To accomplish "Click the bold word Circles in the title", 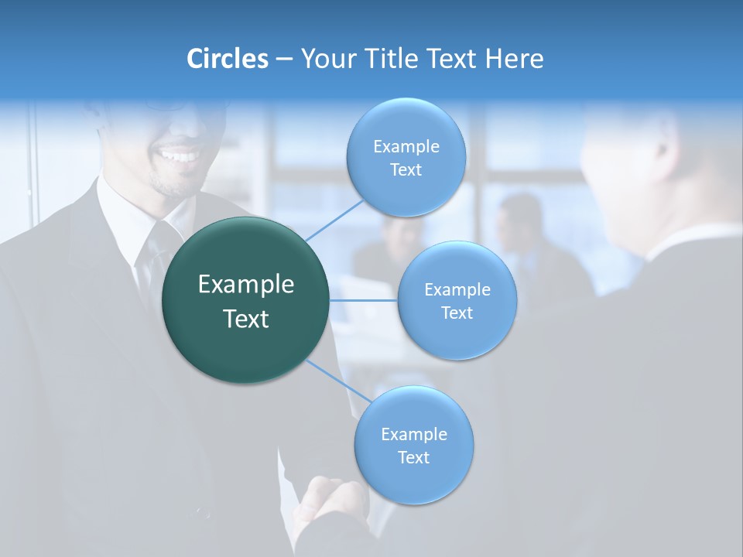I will [x=227, y=59].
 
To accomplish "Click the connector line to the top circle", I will [x=334, y=219].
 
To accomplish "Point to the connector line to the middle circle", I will [x=364, y=299].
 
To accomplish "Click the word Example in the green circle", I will [x=246, y=285].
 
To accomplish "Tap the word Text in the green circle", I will [x=246, y=319].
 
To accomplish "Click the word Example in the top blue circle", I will [x=406, y=147].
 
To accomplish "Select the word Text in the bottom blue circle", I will [x=413, y=457].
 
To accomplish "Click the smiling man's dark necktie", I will [x=156, y=255].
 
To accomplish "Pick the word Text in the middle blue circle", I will [x=457, y=313].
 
